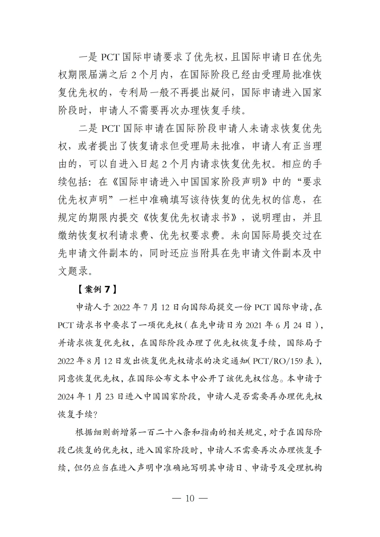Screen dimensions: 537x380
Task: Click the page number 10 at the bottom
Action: coord(190,498)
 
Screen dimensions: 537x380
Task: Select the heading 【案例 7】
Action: coord(95,289)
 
